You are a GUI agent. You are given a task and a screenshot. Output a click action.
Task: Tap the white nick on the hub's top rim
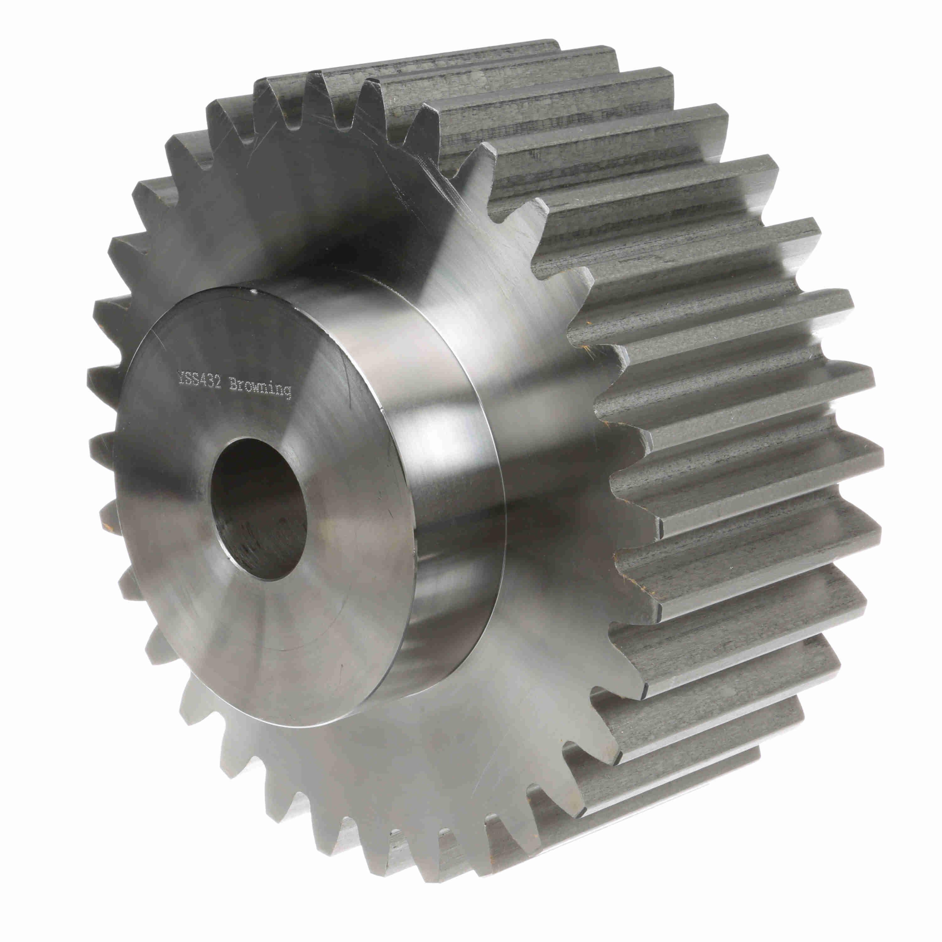(253, 293)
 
